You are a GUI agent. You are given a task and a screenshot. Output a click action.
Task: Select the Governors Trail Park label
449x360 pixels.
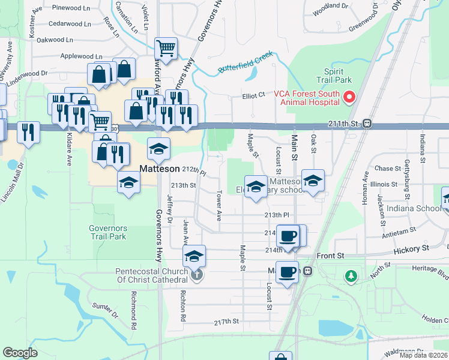pyautogui.click(x=107, y=232)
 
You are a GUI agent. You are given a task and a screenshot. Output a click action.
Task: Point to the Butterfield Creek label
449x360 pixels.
pyautogui.click(x=245, y=64)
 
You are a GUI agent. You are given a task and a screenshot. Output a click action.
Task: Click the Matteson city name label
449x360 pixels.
pyautogui.click(x=159, y=169)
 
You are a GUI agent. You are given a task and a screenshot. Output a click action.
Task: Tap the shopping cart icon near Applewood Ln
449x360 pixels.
pyautogui.click(x=165, y=47)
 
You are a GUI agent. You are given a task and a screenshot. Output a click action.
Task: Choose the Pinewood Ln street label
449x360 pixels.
pyautogui.click(x=71, y=8)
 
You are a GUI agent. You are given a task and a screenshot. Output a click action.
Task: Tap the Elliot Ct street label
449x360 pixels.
pyautogui.click(x=254, y=95)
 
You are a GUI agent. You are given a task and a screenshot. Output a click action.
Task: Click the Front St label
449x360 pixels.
pyautogui.click(x=331, y=255)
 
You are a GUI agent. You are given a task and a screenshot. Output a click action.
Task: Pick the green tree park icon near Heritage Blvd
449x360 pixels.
pyautogui.click(x=351, y=276)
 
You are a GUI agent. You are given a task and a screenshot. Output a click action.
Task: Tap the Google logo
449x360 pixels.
pyautogui.click(x=20, y=353)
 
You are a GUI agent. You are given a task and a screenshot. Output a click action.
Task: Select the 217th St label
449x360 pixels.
pyautogui.click(x=227, y=322)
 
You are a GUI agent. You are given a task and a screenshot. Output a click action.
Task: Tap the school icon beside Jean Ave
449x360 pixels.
pyautogui.click(x=194, y=256)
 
